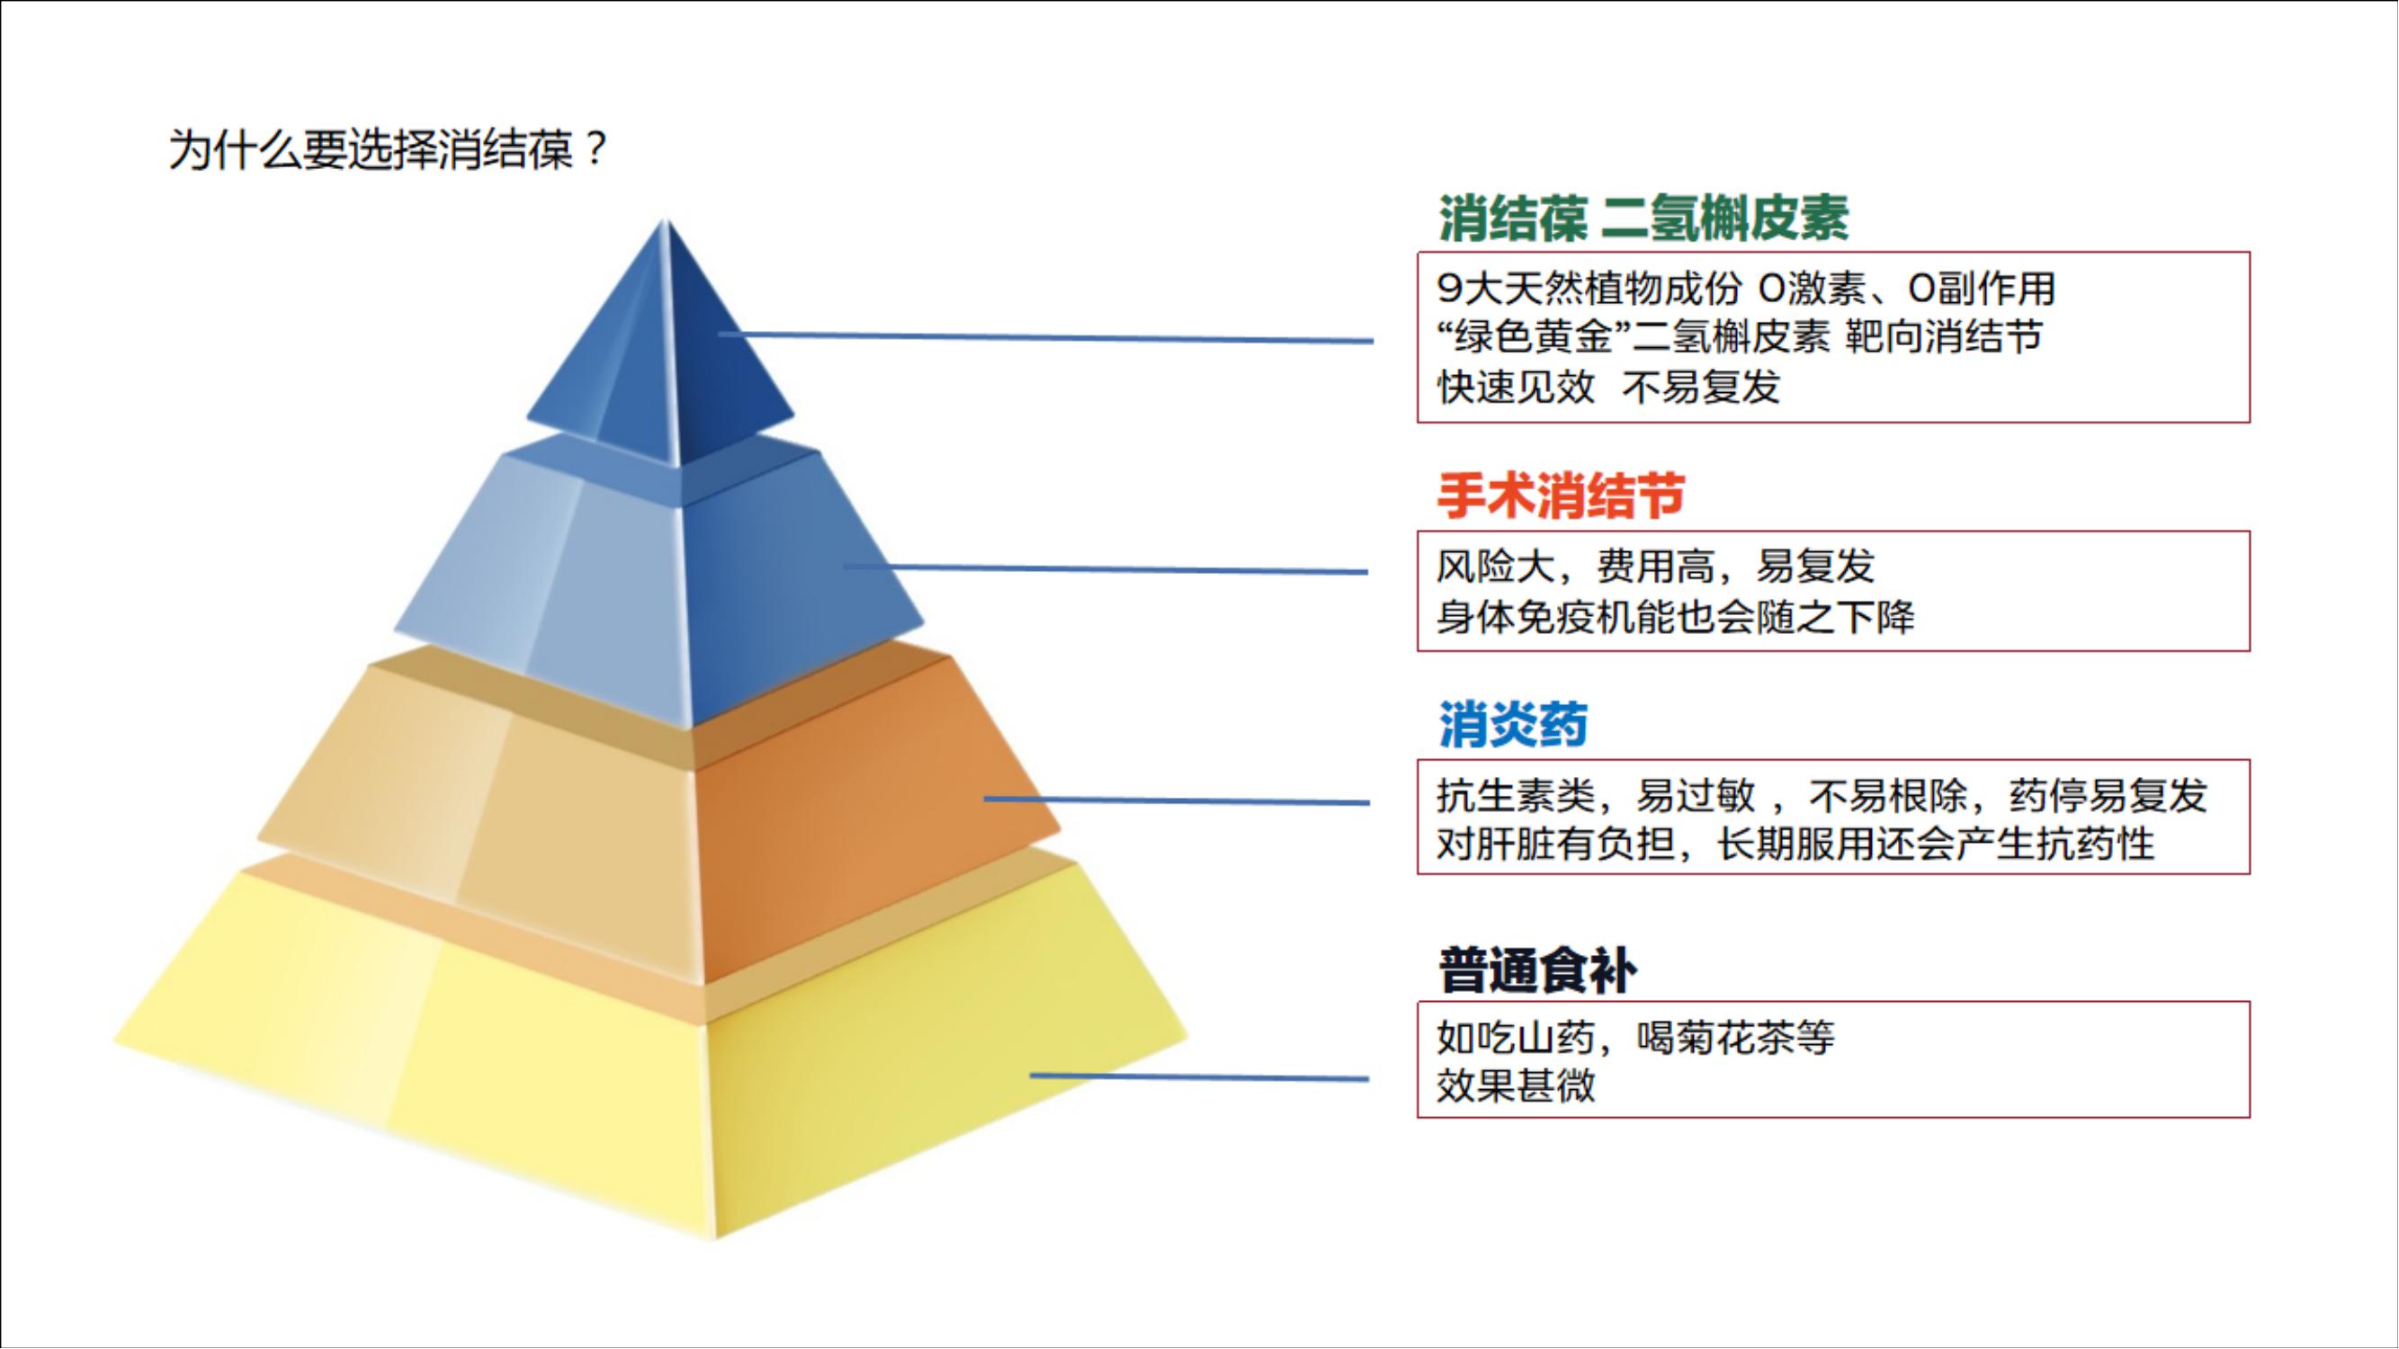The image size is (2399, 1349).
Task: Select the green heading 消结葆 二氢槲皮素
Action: [1643, 219]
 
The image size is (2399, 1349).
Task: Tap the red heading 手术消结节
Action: [1561, 496]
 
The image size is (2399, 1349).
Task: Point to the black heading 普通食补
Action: [1537, 970]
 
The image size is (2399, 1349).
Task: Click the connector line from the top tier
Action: [1043, 338]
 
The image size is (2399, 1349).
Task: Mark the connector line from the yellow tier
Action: [1202, 1077]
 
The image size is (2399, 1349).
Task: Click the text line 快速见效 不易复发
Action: [1608, 387]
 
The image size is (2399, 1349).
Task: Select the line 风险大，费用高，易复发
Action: [1655, 566]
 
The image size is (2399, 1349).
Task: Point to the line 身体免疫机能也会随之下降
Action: [1676, 616]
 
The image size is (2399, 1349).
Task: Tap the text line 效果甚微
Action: [1515, 1085]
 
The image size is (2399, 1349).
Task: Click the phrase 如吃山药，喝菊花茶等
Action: [1635, 1036]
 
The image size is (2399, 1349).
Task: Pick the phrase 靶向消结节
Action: [1944, 337]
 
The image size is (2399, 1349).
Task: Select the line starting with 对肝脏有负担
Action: [1795, 844]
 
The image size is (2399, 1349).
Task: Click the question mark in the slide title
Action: [597, 149]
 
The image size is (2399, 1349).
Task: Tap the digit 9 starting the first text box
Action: [1449, 289]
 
